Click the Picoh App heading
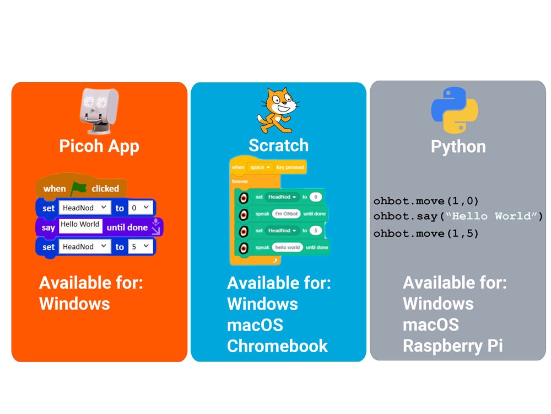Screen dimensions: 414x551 (99, 146)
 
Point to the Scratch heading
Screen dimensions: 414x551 (278, 146)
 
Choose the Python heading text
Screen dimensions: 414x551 (458, 147)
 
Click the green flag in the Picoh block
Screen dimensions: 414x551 (78, 188)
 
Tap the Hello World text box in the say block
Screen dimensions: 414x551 (80, 225)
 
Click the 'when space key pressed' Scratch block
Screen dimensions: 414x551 (268, 167)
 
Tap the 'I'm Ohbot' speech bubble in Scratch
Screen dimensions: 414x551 (285, 214)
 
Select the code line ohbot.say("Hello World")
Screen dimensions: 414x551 (458, 216)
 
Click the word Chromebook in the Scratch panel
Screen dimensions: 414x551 (277, 346)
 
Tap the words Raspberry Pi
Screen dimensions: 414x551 (452, 346)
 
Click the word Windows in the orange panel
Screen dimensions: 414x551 (74, 304)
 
